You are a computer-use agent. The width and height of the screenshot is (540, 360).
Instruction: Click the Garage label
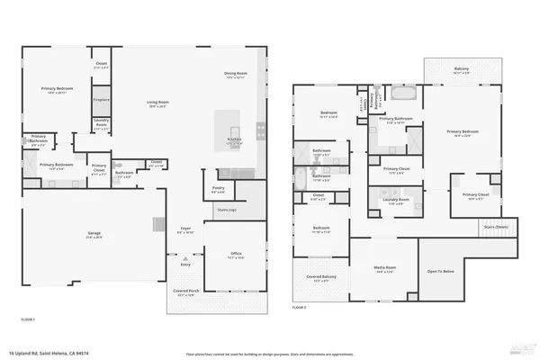point(94,234)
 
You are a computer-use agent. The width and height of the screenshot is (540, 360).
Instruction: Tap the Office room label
point(236,254)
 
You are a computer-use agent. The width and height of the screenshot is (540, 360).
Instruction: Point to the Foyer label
point(186,229)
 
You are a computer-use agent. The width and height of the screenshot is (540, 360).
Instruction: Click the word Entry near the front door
point(185,264)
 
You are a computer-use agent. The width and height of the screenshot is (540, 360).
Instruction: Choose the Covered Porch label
point(185,293)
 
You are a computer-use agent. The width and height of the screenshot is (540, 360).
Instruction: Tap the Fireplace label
point(102,99)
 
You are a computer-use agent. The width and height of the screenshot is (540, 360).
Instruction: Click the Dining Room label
point(236,75)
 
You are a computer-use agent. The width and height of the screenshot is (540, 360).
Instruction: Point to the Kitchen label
point(234,139)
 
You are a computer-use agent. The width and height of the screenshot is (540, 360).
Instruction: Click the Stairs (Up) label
point(227,210)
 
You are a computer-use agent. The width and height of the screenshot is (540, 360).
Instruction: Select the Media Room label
point(385,268)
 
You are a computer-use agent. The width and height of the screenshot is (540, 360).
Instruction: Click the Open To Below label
point(440,270)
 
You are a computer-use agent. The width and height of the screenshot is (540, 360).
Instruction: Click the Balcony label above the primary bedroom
point(461,68)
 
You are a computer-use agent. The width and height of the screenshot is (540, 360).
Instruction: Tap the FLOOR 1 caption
point(29,319)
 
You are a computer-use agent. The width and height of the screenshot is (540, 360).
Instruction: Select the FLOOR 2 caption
point(300,307)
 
